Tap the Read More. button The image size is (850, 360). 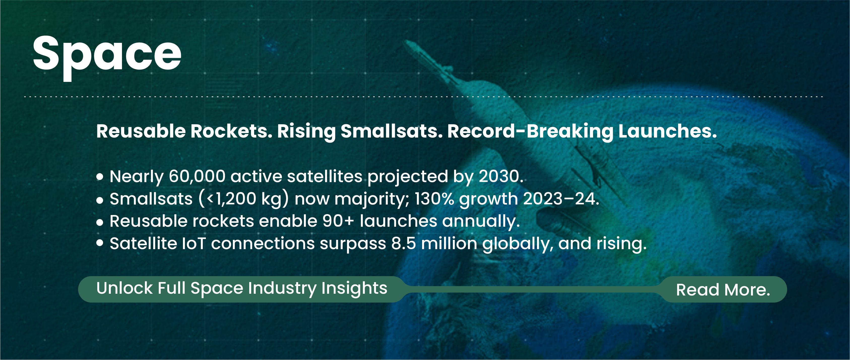click(723, 290)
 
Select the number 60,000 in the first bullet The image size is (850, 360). click(197, 177)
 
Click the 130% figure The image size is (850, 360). click(434, 199)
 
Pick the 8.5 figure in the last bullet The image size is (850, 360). click(403, 244)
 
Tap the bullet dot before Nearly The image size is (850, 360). click(100, 177)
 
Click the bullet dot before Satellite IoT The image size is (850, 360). click(100, 243)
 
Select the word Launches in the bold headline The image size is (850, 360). click(668, 131)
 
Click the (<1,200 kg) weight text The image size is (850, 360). click(244, 199)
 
